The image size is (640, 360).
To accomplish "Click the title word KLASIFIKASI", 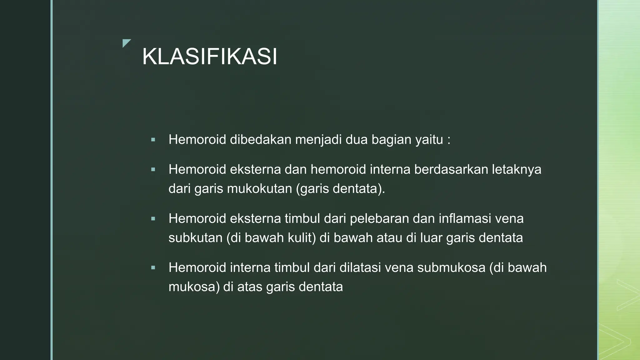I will click(x=210, y=57).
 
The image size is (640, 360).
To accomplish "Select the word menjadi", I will click(x=318, y=139).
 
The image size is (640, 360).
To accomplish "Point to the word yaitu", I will click(x=429, y=139).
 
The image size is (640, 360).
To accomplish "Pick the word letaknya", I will click(x=517, y=169).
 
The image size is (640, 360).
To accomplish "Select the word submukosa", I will click(x=451, y=267).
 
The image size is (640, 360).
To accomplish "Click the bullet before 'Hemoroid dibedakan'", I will click(x=153, y=140).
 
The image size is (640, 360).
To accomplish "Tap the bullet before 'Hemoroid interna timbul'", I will click(x=153, y=268).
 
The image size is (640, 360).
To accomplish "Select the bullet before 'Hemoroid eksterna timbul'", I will click(x=153, y=219).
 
